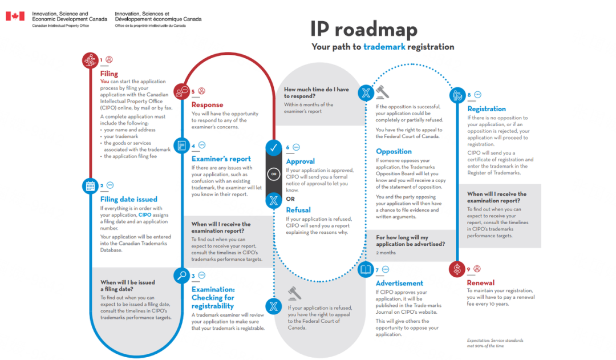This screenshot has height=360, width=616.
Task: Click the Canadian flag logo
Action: point(15,16)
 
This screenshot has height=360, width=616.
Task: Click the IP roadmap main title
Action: point(363,29)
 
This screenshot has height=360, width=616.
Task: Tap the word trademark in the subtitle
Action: point(384,47)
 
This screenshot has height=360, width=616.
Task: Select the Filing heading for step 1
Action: point(109,74)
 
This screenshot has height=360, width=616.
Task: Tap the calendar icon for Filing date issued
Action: point(90,185)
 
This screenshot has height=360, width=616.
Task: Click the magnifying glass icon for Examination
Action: point(182,276)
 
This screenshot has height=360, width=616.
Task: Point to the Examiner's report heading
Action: point(221,159)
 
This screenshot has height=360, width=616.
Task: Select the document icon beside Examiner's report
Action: point(182,145)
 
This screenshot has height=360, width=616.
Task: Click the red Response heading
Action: point(207,105)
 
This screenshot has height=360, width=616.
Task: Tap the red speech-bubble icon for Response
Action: point(182,91)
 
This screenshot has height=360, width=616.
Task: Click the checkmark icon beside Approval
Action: point(274,148)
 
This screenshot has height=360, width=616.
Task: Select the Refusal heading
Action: point(298,210)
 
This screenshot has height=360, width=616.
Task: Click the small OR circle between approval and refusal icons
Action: point(274,174)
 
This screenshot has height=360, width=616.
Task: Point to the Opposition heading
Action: point(394,151)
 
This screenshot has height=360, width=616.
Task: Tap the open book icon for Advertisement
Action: point(366,269)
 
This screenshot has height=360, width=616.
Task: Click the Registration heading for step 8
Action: point(487,109)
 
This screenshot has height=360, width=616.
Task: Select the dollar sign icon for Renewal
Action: point(457,269)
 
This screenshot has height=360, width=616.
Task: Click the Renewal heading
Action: point(480,283)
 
